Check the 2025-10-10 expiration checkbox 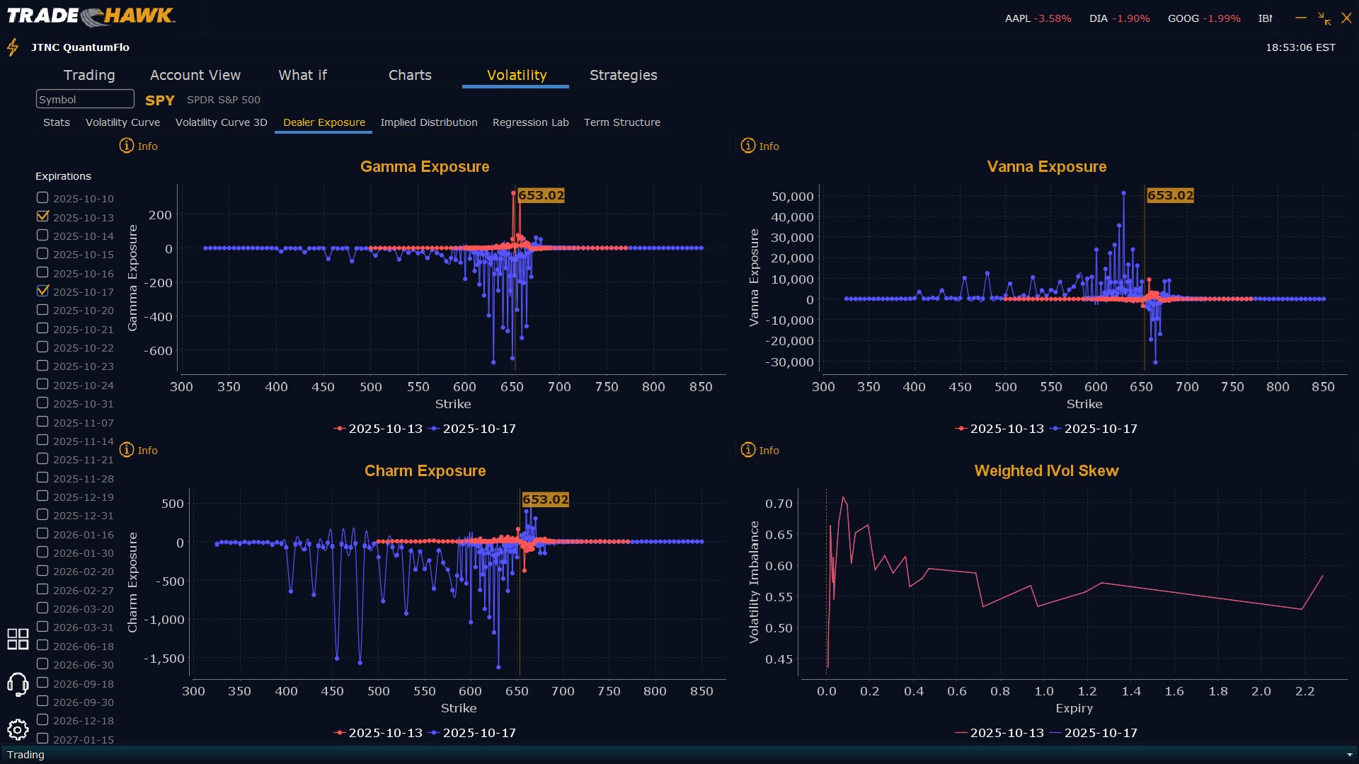coord(42,198)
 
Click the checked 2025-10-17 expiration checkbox coord(42,291)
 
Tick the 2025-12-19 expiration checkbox coord(42,496)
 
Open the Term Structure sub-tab coord(621,122)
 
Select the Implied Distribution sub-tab coord(428,122)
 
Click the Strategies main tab coord(623,75)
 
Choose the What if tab coord(302,75)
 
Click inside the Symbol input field coord(85,99)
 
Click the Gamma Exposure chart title coord(425,167)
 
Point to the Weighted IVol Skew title coord(1046,471)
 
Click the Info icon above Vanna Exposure coord(748,146)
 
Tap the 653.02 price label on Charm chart coord(545,499)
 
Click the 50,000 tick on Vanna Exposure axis coord(792,197)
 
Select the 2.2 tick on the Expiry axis coord(1304,691)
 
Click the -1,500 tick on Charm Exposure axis coord(164,659)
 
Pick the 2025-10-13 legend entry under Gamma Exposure coord(378,429)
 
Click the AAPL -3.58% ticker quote coord(1038,18)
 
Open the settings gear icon coord(18,729)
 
